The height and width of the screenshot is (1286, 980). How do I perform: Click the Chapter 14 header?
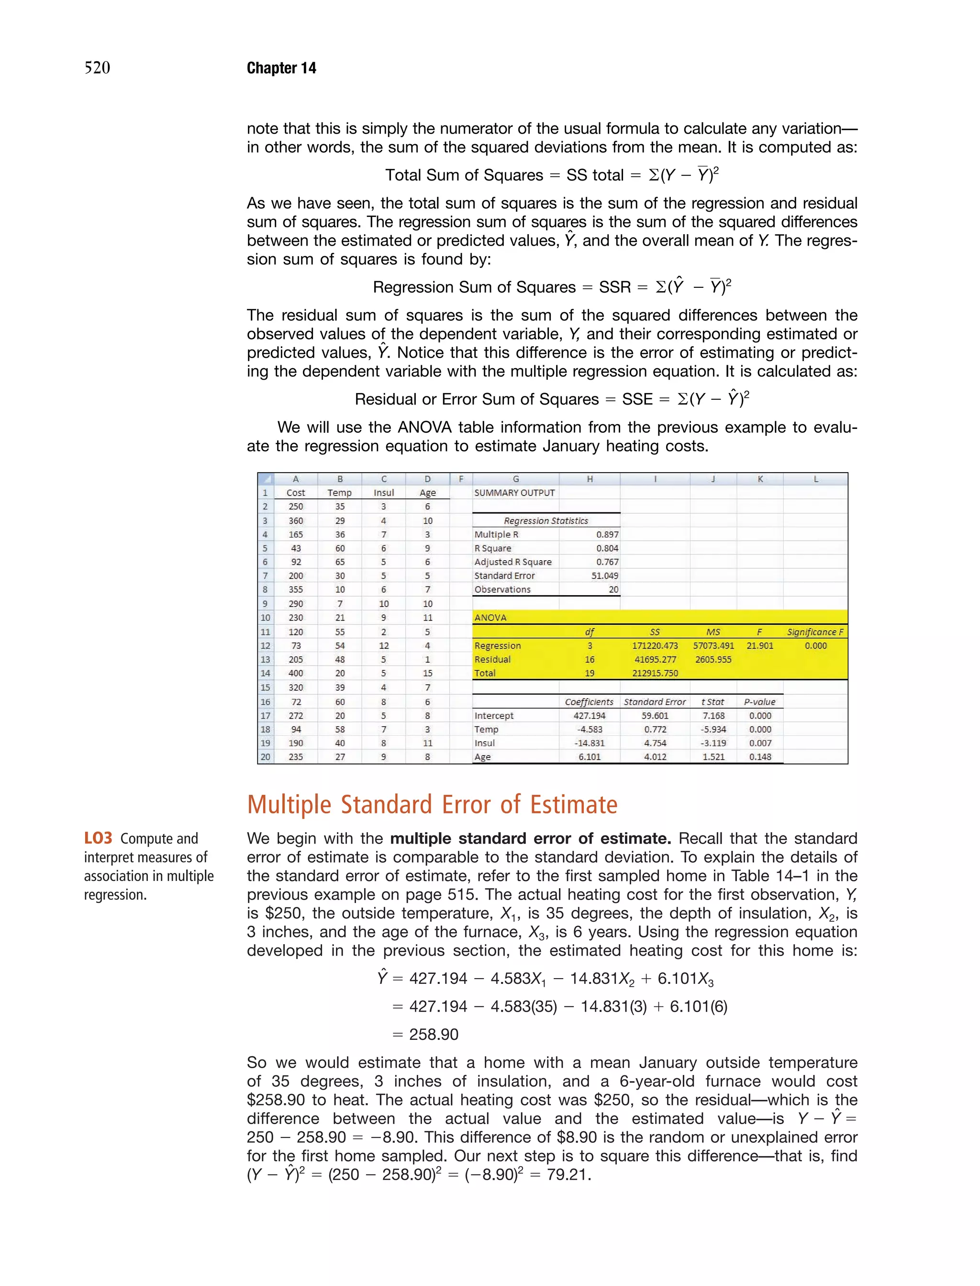(281, 68)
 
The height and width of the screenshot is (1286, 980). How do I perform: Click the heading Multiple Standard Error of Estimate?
(432, 805)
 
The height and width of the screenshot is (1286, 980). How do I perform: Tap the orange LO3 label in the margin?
(98, 838)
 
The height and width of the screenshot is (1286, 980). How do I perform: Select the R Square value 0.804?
(607, 548)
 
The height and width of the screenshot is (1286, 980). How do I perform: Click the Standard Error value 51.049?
(604, 575)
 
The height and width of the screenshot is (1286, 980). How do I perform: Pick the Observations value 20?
(613, 589)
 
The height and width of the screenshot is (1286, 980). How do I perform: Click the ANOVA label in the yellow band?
(490, 617)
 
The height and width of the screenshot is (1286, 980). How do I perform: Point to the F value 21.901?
(759, 645)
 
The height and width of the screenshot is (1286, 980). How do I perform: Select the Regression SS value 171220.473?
(655, 645)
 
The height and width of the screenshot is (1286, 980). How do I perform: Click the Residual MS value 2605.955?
(713, 659)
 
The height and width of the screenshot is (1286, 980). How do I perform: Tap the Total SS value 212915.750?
(655, 673)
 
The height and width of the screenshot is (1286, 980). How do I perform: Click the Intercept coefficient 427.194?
(589, 715)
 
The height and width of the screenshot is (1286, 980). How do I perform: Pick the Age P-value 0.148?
(759, 757)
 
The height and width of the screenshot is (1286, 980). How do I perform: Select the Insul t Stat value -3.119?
(713, 743)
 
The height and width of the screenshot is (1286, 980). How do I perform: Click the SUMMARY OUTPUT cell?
(514, 493)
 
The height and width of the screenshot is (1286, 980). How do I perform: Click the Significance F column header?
(815, 632)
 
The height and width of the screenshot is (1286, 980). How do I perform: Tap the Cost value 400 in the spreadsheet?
(296, 673)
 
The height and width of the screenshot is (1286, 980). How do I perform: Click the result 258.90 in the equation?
(434, 1035)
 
